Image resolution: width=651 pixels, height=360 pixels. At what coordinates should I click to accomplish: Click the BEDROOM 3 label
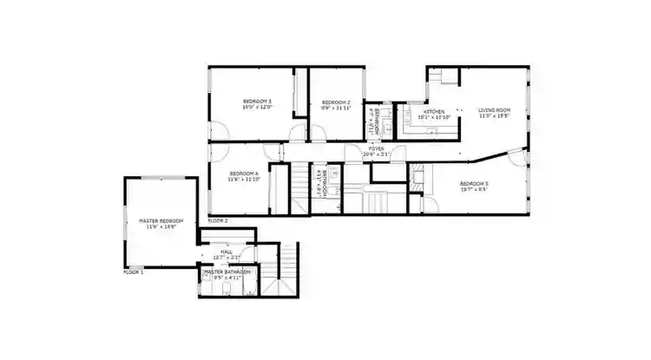[x=257, y=101]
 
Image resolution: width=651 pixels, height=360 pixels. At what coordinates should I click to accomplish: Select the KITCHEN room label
[x=434, y=112]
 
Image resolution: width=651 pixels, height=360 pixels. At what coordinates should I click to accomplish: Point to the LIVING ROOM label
[x=494, y=110]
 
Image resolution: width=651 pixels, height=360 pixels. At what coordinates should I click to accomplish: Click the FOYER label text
[x=376, y=149]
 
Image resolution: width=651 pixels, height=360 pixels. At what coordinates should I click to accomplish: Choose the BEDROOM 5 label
[x=474, y=183]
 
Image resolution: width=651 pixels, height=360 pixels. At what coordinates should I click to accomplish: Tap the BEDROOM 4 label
[x=245, y=173]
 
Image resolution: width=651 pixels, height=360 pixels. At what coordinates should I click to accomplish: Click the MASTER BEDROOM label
[x=161, y=221]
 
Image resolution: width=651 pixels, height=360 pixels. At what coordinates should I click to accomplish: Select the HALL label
[x=227, y=252]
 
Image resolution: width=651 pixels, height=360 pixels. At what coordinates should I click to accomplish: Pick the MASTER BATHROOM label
[x=227, y=272]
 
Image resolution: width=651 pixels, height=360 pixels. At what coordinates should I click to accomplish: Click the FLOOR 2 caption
[x=218, y=221]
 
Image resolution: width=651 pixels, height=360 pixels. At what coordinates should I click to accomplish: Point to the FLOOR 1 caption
[x=134, y=272]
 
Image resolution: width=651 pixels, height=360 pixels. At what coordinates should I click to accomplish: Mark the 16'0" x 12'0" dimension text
[x=257, y=108]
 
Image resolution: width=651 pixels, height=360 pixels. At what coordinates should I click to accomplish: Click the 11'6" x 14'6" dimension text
[x=161, y=227]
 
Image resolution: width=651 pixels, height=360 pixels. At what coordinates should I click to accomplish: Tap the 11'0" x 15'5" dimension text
[x=494, y=116]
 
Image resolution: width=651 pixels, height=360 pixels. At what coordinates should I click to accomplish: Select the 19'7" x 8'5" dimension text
[x=474, y=189]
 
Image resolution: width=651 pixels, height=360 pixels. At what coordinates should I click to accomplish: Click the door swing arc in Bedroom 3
[x=220, y=131]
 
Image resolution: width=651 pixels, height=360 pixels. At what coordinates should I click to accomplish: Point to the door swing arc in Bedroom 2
[x=318, y=132]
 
